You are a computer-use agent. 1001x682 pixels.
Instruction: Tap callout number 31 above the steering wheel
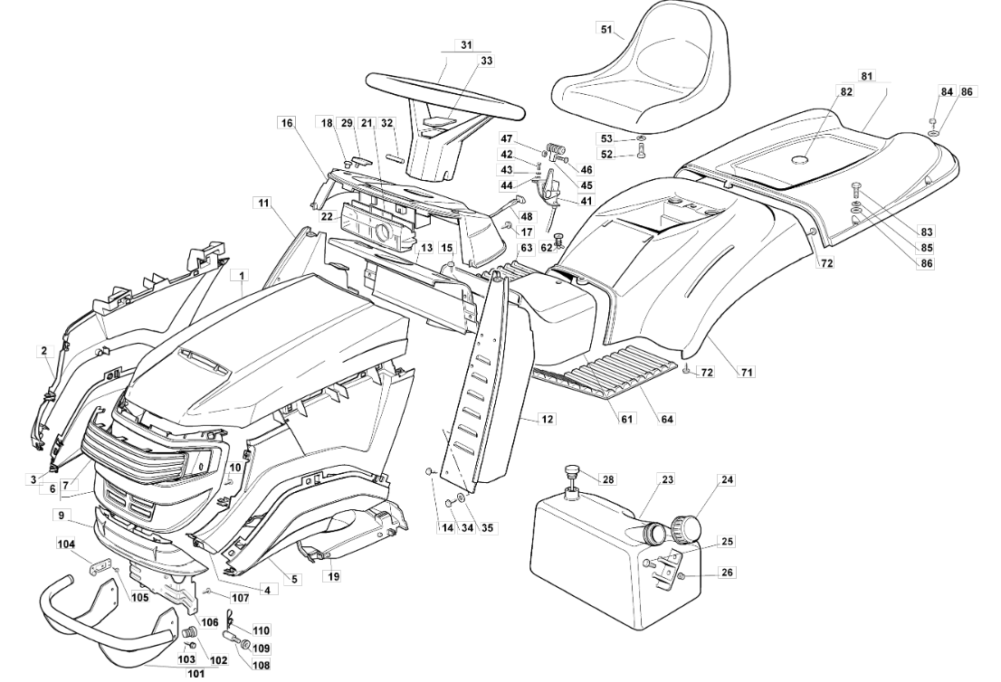[466, 44]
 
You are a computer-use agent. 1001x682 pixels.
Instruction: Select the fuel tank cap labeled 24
[690, 526]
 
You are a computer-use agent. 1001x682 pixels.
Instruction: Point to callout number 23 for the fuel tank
[667, 481]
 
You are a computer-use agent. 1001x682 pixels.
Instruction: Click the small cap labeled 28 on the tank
[572, 471]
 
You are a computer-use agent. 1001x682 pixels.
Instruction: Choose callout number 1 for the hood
[242, 273]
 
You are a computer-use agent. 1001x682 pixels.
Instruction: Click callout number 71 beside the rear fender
[748, 371]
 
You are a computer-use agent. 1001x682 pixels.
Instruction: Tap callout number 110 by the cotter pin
[262, 630]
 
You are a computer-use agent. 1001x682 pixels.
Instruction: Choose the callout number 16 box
[287, 122]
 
